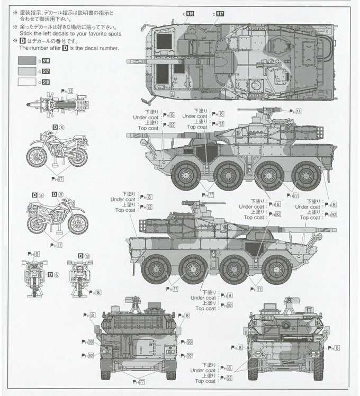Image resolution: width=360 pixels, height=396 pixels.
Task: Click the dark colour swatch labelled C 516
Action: [x=27, y=60]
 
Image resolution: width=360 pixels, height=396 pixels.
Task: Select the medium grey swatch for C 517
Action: [x=27, y=71]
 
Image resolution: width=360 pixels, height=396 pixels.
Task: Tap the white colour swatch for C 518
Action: [x=27, y=82]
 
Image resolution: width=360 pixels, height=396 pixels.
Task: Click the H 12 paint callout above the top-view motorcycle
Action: [x=67, y=91]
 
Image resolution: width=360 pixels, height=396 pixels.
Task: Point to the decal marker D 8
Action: [x=58, y=127]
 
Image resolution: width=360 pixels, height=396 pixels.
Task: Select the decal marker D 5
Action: [x=38, y=194]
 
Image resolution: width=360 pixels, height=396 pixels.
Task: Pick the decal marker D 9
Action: [x=58, y=194]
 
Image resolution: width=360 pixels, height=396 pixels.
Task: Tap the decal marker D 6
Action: [x=52, y=274]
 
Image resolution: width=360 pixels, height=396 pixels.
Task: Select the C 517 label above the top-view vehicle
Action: [x=219, y=13]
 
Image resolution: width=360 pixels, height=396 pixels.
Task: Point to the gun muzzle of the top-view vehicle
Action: [x=130, y=61]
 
